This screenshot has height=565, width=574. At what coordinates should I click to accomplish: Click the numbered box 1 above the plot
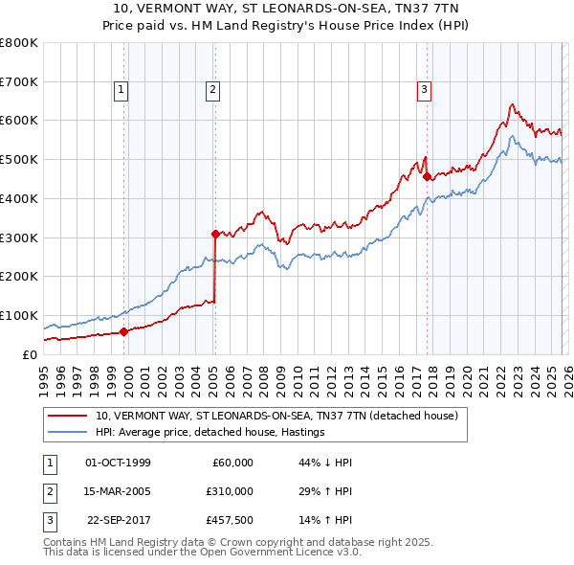click(122, 91)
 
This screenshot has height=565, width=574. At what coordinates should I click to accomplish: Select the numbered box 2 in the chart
click(211, 91)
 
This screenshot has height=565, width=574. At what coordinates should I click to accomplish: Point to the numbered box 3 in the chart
click(424, 91)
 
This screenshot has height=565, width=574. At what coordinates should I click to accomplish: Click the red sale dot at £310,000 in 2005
click(215, 233)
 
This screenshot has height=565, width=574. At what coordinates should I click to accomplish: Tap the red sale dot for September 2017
click(426, 175)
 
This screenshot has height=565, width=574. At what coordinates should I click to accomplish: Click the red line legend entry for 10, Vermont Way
click(276, 417)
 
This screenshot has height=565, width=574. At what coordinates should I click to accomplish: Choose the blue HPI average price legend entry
click(210, 433)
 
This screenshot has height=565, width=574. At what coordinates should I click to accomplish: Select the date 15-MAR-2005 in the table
click(118, 491)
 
